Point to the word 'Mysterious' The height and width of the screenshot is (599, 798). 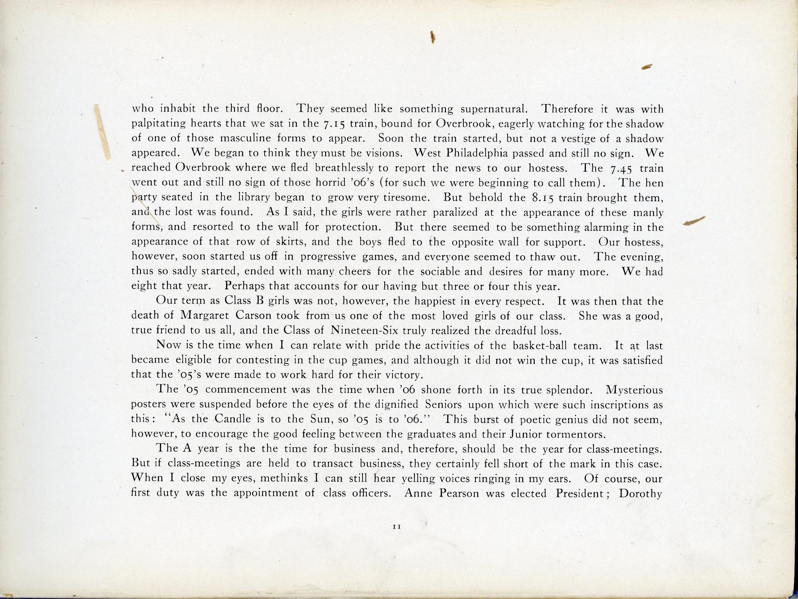(x=635, y=389)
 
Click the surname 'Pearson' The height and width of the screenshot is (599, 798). (x=458, y=493)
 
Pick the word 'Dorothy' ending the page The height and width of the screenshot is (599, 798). (x=641, y=493)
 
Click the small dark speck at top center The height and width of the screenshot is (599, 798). (x=432, y=37)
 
